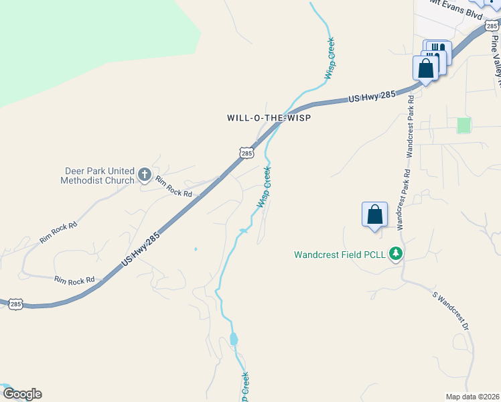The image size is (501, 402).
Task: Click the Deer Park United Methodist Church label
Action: coord(97,176)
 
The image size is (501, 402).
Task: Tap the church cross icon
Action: coord(144,176)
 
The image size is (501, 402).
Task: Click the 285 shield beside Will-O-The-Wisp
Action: coord(246,153)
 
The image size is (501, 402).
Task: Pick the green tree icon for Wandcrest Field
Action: coord(396,254)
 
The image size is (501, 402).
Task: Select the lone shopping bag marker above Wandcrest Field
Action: coord(375,215)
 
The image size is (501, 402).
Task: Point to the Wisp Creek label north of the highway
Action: coord(330,58)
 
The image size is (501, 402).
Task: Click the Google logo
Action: coord(22,394)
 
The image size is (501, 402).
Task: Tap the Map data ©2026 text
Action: coord(472,396)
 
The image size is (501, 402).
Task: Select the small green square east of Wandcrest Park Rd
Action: coord(463,125)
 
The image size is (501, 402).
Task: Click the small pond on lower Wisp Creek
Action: coord(234,339)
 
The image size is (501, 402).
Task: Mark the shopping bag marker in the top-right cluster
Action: coord(426,68)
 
